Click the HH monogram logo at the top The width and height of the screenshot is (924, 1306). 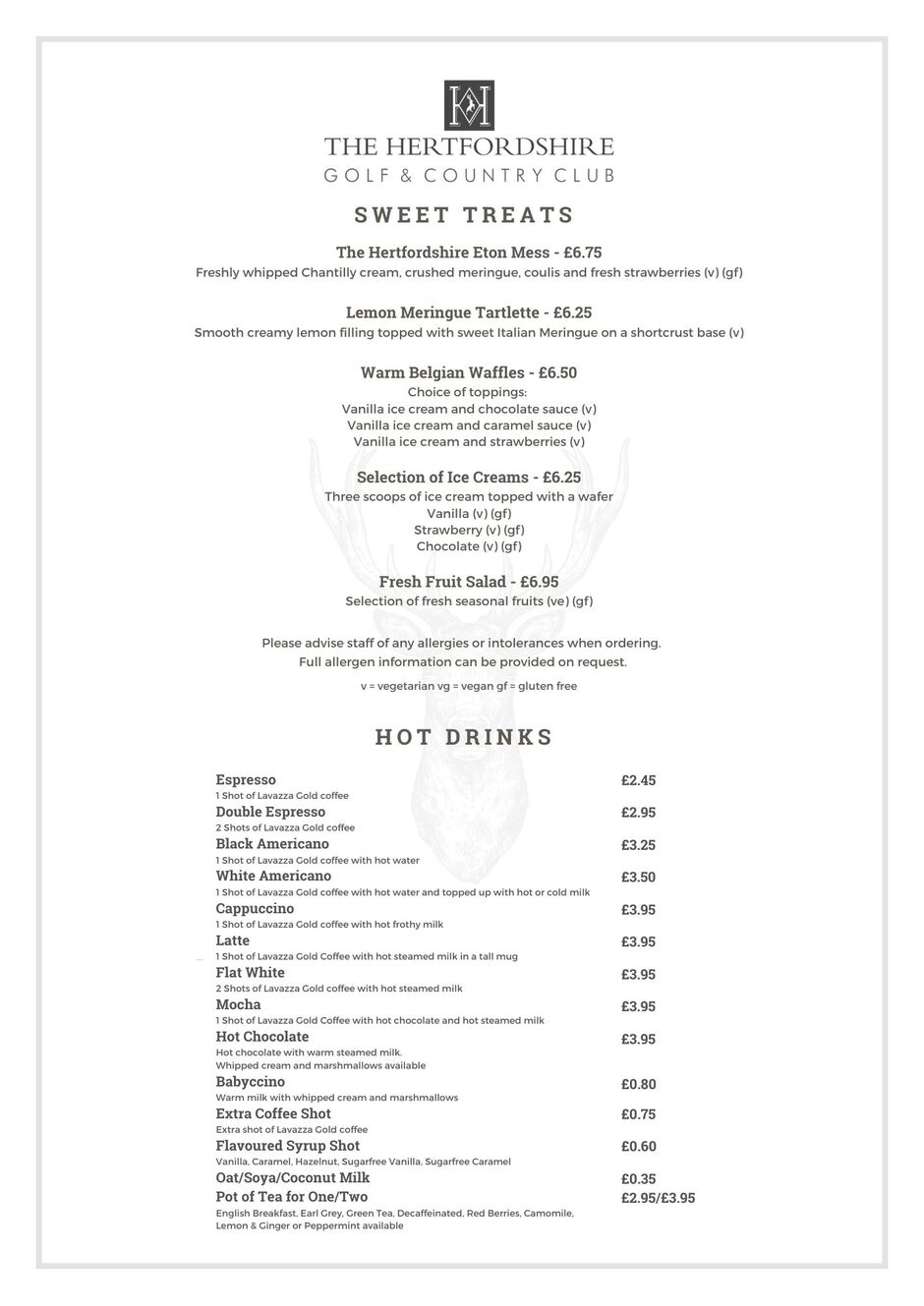pyautogui.click(x=469, y=106)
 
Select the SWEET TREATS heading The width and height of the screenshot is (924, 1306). pyautogui.click(x=464, y=215)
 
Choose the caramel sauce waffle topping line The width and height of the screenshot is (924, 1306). pyautogui.click(x=469, y=426)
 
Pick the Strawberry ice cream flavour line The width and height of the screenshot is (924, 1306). pyautogui.click(x=469, y=530)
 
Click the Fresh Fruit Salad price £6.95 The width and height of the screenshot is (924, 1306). pyautogui.click(x=539, y=582)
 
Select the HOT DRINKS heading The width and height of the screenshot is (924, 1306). pyautogui.click(x=464, y=737)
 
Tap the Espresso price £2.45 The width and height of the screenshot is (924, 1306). pyautogui.click(x=638, y=780)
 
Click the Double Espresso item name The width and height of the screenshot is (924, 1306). pyautogui.click(x=270, y=812)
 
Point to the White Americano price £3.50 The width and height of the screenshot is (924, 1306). pyautogui.click(x=638, y=877)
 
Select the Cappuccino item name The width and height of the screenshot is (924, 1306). pyautogui.click(x=255, y=908)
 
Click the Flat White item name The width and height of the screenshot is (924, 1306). pyautogui.click(x=250, y=973)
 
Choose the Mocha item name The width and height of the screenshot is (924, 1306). pyautogui.click(x=238, y=1004)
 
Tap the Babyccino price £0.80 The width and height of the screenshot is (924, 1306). pyautogui.click(x=638, y=1084)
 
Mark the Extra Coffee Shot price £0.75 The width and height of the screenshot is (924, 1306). pyautogui.click(x=638, y=1114)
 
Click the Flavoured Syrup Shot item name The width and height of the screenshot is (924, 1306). pyautogui.click(x=287, y=1146)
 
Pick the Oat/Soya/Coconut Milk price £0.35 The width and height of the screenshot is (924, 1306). pyautogui.click(x=638, y=1178)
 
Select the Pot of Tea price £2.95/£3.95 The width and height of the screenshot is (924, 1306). pyautogui.click(x=658, y=1198)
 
